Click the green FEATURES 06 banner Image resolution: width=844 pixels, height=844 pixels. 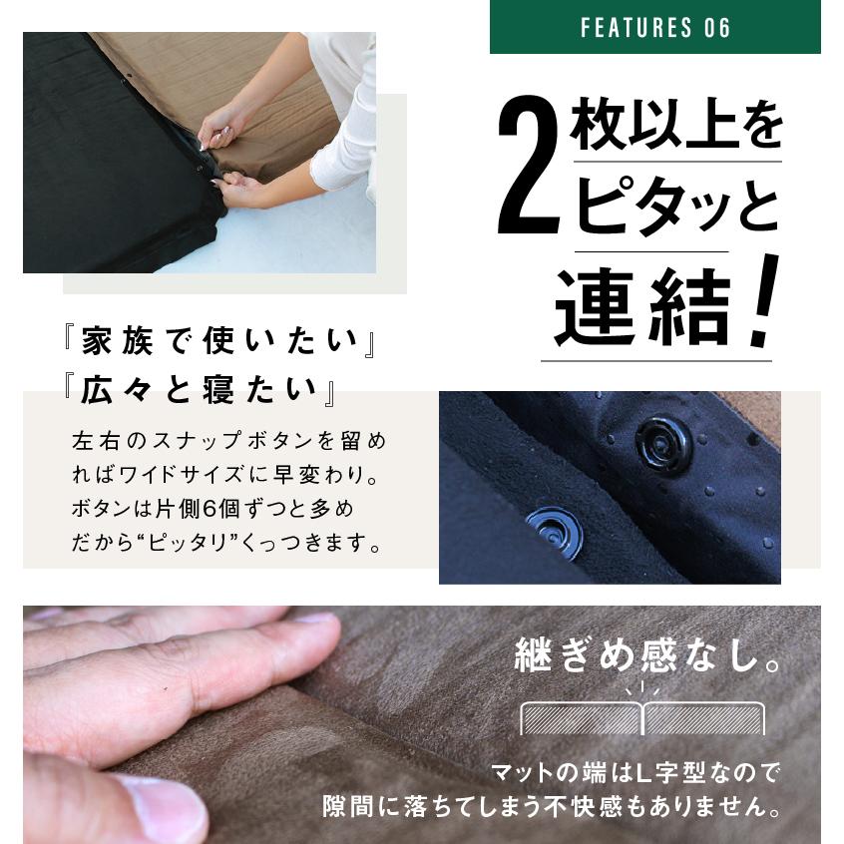pos(654,27)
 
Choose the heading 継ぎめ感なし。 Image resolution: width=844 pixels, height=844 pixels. pos(647,657)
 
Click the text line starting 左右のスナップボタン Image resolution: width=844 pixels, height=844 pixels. pos(227,440)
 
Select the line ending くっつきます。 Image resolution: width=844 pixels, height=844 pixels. pos(227,545)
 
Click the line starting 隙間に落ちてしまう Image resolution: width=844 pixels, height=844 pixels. pos(551,804)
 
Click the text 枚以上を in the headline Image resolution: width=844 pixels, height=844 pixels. pos(676,131)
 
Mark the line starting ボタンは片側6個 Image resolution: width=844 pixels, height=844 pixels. pos(212,510)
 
